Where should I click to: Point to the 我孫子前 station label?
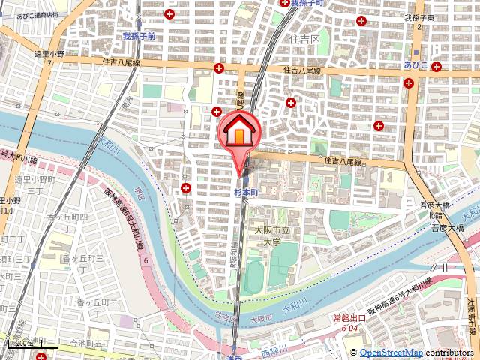pos(139,35)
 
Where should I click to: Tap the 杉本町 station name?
pos(245,192)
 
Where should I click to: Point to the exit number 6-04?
pos(349,328)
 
